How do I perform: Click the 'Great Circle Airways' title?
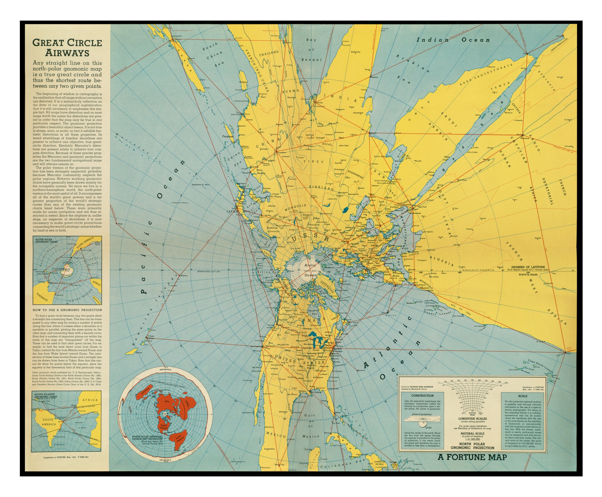click(67, 48)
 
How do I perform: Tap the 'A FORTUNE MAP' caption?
click(472, 457)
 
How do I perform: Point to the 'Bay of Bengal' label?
click(311, 50)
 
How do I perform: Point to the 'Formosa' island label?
click(228, 137)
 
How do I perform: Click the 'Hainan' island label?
click(243, 82)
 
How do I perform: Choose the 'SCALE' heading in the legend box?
click(523, 396)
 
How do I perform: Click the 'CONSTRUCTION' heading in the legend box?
click(422, 396)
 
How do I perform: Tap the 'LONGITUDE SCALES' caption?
click(472, 419)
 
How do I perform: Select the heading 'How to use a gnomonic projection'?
click(67, 310)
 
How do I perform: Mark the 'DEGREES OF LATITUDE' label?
click(528, 267)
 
